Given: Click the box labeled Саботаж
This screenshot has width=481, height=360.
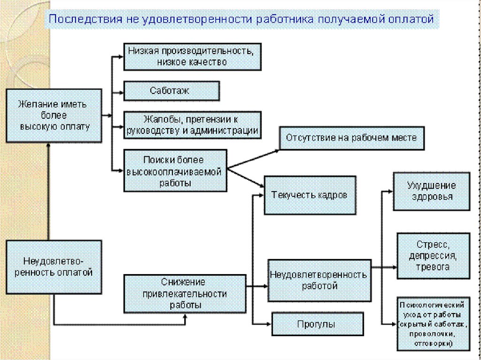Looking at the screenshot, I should click(x=171, y=91).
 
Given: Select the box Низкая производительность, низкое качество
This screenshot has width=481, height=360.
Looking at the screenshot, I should click(x=192, y=56).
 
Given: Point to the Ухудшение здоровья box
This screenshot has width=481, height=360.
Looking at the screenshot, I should click(x=430, y=191).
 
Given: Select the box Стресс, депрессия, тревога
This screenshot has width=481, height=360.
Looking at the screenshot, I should click(x=432, y=255).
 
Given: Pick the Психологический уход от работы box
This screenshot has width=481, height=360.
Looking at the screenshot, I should click(x=432, y=323).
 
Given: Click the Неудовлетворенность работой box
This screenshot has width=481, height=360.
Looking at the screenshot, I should click(x=318, y=279).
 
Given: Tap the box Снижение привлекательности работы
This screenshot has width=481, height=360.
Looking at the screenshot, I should click(x=185, y=294).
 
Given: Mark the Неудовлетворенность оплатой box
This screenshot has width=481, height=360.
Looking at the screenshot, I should click(x=54, y=267).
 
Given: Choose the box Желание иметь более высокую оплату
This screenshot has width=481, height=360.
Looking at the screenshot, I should click(x=54, y=115).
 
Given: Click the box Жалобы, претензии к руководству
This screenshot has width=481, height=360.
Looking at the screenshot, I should click(x=192, y=125).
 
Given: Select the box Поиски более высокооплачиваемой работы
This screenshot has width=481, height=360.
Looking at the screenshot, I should click(x=175, y=170).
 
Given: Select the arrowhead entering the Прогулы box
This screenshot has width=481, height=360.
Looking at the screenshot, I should click(x=268, y=323).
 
